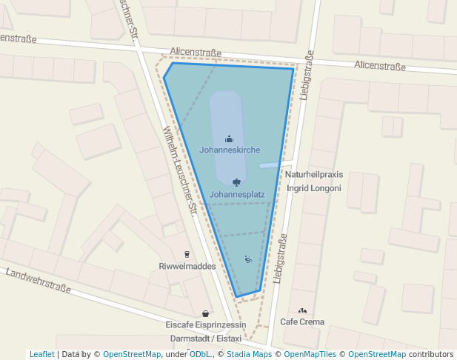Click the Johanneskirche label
[230, 150]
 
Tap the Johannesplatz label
[237, 195]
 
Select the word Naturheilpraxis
[315, 175]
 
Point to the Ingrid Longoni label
[315, 188]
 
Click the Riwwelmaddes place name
[187, 266]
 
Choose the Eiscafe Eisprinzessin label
[205, 324]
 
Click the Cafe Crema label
[302, 322]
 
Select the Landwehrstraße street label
[38, 282]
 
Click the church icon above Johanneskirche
[230, 139]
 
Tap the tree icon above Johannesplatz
[236, 182]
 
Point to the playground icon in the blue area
[248, 259]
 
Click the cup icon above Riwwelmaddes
[187, 254]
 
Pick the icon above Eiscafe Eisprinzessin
[205, 313]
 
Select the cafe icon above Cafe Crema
[301, 311]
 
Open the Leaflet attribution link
[42, 355]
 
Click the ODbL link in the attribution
[200, 355]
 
